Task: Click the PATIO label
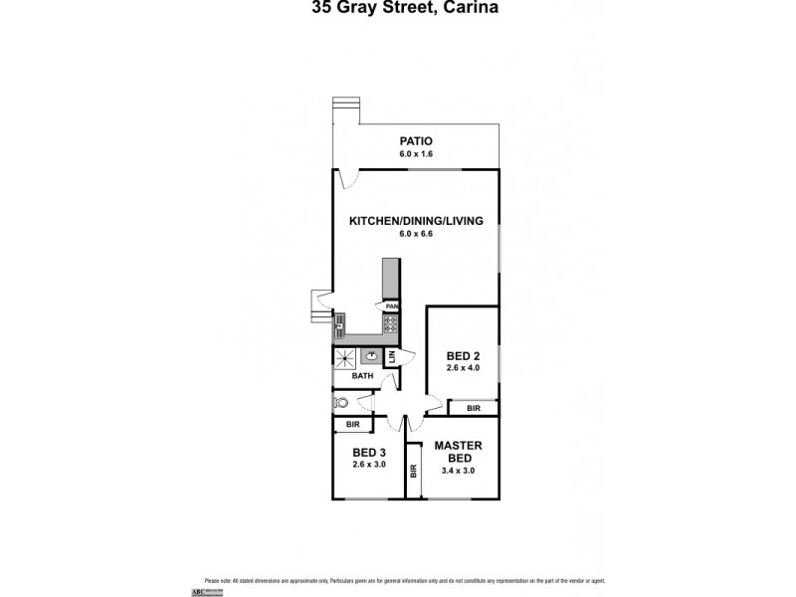416,140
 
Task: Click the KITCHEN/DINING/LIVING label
416,221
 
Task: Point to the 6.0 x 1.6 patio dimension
416,154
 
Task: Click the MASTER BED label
459,451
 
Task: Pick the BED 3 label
367,451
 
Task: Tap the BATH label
363,376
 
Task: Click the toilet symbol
341,403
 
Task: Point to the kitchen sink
339,321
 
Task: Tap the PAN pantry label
392,306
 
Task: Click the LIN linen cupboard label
392,356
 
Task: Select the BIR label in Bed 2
473,408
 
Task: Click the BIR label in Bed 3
352,425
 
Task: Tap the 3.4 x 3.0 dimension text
459,471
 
